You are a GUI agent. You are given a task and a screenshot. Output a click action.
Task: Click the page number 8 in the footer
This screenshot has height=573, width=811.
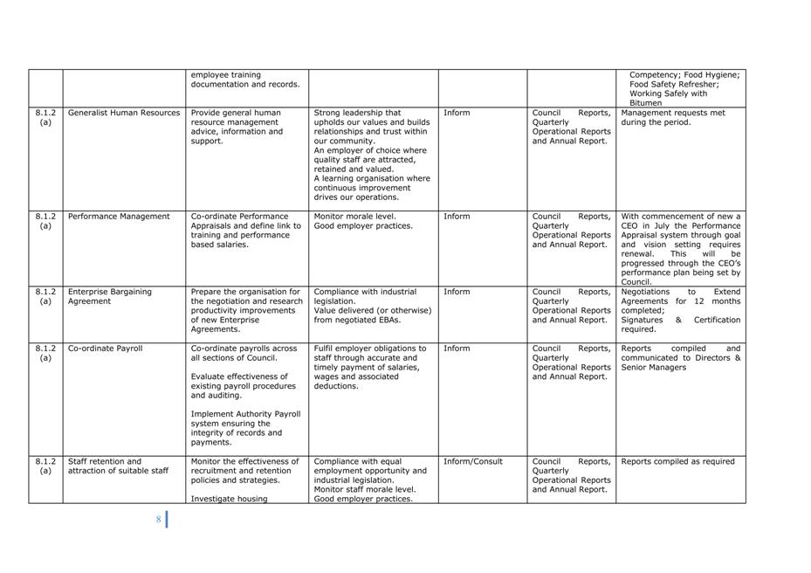pyautogui.click(x=159, y=520)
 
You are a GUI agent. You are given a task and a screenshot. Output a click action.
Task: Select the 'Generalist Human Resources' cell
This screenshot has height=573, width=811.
pyautogui.click(x=124, y=113)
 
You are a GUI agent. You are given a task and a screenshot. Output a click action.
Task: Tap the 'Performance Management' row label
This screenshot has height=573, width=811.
pyautogui.click(x=119, y=217)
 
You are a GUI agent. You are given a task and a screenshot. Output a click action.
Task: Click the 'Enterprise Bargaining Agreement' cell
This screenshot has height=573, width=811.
pyautogui.click(x=110, y=297)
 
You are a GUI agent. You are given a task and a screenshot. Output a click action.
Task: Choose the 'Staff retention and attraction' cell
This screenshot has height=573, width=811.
pyautogui.click(x=118, y=466)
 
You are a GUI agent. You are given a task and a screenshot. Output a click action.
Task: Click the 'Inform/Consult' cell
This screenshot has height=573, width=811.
pyautogui.click(x=473, y=462)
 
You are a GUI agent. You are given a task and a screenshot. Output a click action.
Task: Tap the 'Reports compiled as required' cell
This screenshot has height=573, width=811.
pyautogui.click(x=677, y=462)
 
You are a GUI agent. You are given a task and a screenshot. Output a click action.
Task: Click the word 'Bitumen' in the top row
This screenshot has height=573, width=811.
pyautogui.click(x=646, y=103)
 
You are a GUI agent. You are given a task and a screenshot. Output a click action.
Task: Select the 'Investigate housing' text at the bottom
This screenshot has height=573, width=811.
pyautogui.click(x=229, y=500)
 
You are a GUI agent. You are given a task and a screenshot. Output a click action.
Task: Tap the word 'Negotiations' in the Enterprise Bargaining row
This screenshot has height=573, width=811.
pyautogui.click(x=645, y=293)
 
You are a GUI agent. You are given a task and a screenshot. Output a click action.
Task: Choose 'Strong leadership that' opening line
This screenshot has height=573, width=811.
pyautogui.click(x=358, y=113)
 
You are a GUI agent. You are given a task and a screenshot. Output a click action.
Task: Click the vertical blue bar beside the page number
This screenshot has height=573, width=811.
pyautogui.click(x=167, y=520)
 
